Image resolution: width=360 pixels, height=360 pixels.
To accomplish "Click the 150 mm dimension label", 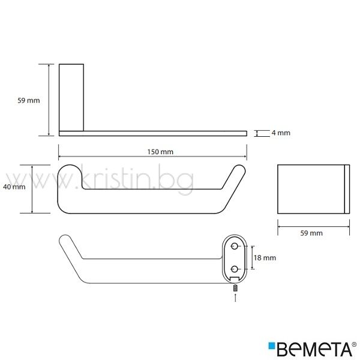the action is pyautogui.click(x=160, y=152).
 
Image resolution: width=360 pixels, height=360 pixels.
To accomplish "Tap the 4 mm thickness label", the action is pyautogui.click(x=281, y=133).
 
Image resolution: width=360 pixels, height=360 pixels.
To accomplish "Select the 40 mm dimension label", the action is pyautogui.click(x=14, y=187).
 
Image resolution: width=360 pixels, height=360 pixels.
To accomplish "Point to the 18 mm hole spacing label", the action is pyautogui.click(x=265, y=257).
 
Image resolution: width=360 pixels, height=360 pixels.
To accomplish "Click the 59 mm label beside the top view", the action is pyautogui.click(x=29, y=100).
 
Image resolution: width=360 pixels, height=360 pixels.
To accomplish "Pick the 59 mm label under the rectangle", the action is pyautogui.click(x=311, y=233).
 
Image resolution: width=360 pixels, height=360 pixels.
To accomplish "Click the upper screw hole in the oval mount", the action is pyautogui.click(x=234, y=247).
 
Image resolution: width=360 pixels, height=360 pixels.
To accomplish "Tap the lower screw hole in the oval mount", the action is pyautogui.click(x=234, y=269).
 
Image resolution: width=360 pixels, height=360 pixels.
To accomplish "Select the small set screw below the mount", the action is pyautogui.click(x=235, y=288).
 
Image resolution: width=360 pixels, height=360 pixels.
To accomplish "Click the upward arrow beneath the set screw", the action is pyautogui.click(x=235, y=298).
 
